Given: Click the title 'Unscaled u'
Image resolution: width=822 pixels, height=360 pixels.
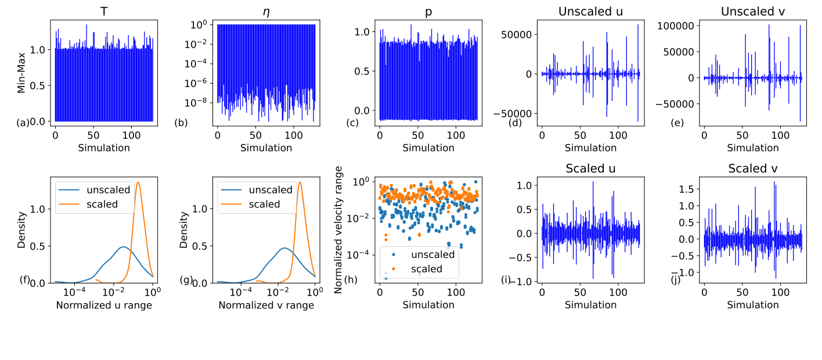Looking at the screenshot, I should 590,11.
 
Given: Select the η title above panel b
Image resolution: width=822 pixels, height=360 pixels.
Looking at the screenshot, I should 266,11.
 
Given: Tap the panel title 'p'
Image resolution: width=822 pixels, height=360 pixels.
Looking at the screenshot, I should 428,11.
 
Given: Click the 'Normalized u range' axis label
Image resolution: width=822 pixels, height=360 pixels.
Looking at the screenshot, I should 104,305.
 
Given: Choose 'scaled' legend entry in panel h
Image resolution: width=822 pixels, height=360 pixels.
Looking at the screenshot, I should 427,268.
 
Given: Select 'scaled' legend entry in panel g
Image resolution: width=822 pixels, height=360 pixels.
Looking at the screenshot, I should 264,204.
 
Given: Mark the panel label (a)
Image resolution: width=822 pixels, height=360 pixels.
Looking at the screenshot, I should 23,123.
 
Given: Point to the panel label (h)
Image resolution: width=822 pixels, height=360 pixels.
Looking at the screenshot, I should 351,280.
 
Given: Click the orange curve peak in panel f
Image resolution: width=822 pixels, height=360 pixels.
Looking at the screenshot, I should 138,182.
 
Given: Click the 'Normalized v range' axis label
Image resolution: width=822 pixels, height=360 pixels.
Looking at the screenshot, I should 266,305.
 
